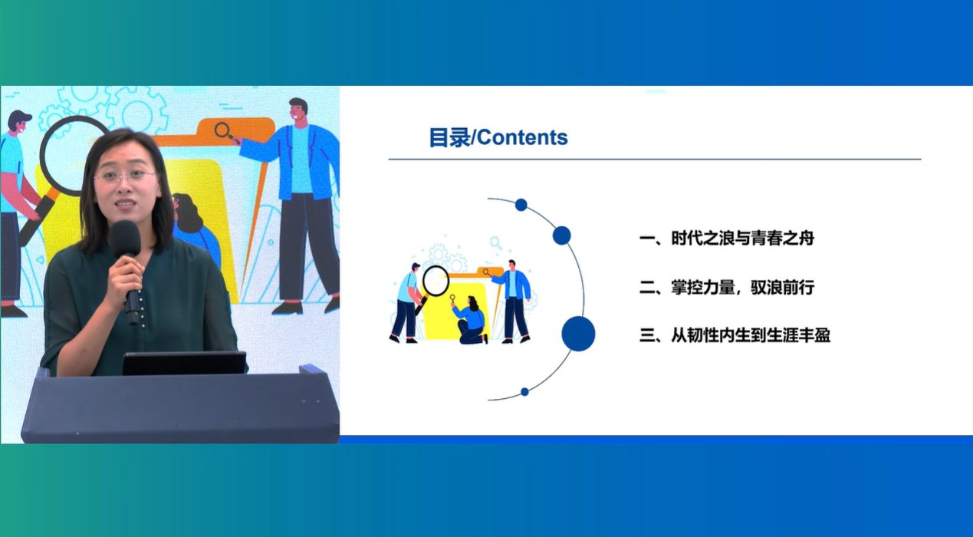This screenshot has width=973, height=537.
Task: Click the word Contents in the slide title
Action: click(x=522, y=137)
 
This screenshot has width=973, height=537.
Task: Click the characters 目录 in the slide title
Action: click(x=449, y=138)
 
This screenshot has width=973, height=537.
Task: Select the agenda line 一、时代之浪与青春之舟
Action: click(x=727, y=239)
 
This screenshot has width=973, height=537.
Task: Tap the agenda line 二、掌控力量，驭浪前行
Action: click(x=727, y=287)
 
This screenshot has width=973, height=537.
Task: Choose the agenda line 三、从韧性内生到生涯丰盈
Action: click(x=735, y=335)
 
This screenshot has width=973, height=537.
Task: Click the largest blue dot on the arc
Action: click(x=578, y=334)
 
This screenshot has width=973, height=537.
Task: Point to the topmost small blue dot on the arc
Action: click(x=521, y=205)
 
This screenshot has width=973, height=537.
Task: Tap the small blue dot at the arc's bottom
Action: click(x=524, y=392)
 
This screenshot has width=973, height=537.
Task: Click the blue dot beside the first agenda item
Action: click(x=562, y=236)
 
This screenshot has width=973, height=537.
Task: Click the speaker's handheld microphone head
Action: click(x=125, y=237)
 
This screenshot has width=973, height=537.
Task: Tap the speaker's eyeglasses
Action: click(x=126, y=176)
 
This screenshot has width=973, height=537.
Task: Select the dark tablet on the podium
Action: click(x=184, y=364)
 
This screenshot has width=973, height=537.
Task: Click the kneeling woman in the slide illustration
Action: click(x=471, y=320)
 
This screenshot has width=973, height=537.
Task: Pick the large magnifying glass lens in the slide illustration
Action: click(x=436, y=281)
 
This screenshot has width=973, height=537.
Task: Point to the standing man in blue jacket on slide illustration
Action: click(x=513, y=301)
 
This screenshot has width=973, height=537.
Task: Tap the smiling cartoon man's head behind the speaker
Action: click(x=297, y=110)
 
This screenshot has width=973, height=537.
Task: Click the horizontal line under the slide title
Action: click(x=655, y=160)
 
